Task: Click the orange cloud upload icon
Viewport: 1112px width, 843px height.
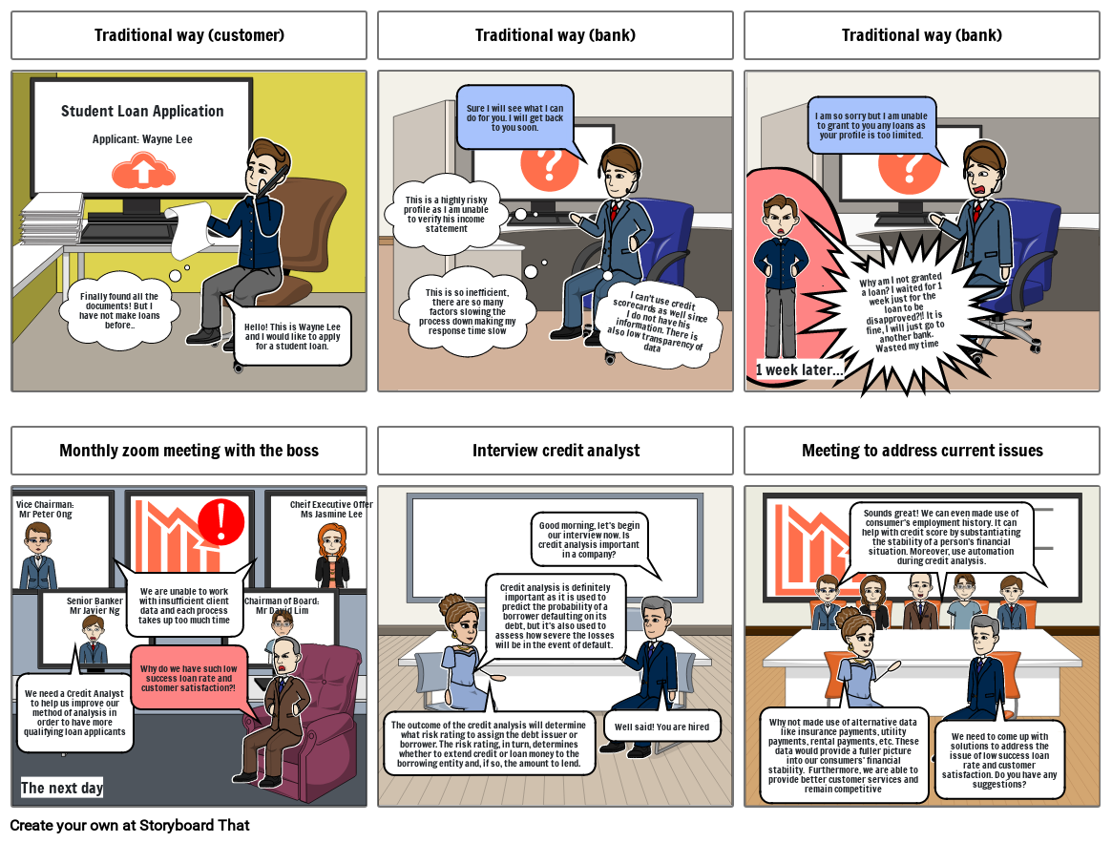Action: pyautogui.click(x=143, y=173)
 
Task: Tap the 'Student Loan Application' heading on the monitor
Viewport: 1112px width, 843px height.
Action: pyautogui.click(x=142, y=111)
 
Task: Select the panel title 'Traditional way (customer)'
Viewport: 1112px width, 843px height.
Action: pyautogui.click(x=189, y=34)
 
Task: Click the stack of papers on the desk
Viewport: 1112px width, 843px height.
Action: pyautogui.click(x=52, y=219)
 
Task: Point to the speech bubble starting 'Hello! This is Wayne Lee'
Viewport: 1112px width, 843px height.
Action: pyautogui.click(x=292, y=336)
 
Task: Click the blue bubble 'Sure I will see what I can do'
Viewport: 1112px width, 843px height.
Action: pyautogui.click(x=514, y=117)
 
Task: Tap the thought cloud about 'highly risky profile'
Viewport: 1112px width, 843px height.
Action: pyautogui.click(x=446, y=214)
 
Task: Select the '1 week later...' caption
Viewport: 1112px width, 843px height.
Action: pyautogui.click(x=799, y=369)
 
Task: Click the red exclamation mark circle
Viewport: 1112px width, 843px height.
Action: pyautogui.click(x=221, y=522)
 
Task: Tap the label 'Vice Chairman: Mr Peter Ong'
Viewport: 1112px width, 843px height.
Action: pyautogui.click(x=46, y=510)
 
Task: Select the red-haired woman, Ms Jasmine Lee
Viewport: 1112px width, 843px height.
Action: pyautogui.click(x=332, y=557)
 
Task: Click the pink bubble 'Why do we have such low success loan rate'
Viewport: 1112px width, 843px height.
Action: pyautogui.click(x=188, y=679)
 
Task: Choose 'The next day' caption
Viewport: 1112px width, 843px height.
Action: pyautogui.click(x=62, y=788)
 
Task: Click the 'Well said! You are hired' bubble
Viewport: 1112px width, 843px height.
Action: pyautogui.click(x=661, y=727)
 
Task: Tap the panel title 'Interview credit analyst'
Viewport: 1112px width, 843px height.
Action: pyautogui.click(x=556, y=451)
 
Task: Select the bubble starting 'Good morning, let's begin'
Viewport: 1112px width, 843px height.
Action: pyautogui.click(x=589, y=540)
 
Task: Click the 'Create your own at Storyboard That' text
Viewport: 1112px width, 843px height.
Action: pyautogui.click(x=130, y=825)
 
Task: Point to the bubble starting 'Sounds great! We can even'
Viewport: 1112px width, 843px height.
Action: pyautogui.click(x=941, y=537)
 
